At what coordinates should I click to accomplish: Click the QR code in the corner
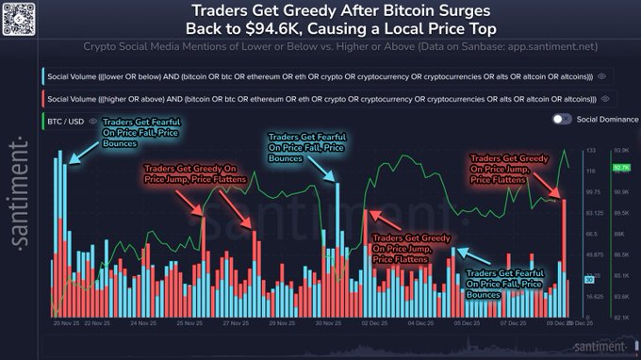click(20, 18)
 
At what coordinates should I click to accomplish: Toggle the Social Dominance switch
click(563, 119)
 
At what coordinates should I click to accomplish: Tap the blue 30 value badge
click(589, 279)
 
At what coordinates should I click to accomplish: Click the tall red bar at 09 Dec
click(564, 254)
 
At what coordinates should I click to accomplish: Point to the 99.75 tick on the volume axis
click(591, 192)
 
